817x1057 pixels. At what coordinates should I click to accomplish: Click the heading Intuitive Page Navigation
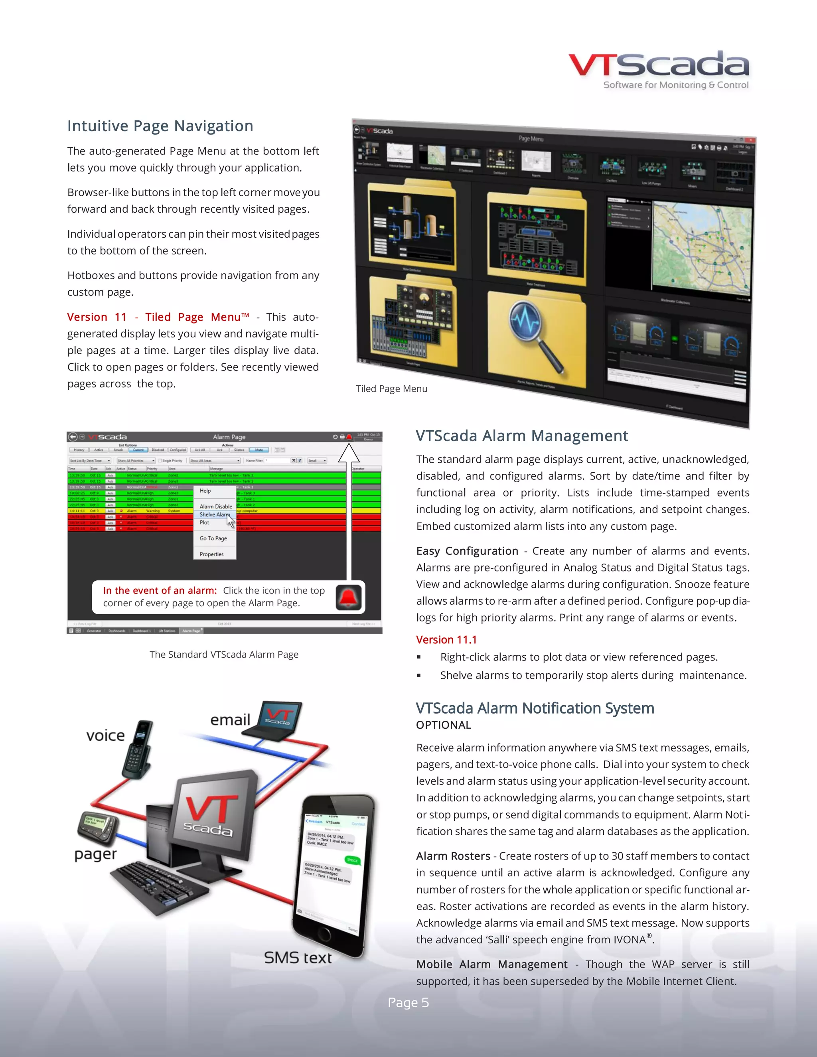tap(160, 126)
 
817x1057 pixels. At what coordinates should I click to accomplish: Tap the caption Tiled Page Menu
tap(392, 388)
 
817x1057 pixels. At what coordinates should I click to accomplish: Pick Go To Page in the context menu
tap(213, 538)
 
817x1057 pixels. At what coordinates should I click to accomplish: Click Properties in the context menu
tap(211, 554)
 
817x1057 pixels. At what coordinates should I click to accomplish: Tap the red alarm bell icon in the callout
tap(349, 597)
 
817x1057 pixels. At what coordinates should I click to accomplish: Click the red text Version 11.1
tap(446, 640)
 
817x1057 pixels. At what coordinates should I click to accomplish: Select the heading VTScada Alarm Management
tap(522, 436)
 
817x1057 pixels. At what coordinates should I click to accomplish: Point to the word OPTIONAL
tap(443, 725)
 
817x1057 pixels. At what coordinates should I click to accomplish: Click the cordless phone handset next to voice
tap(138, 750)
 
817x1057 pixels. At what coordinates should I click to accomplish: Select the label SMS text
tap(298, 958)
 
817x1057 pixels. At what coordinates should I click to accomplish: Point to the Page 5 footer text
tap(408, 1002)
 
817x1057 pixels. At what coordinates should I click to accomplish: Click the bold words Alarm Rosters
tap(453, 856)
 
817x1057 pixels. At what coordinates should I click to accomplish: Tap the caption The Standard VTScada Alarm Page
tap(224, 654)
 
